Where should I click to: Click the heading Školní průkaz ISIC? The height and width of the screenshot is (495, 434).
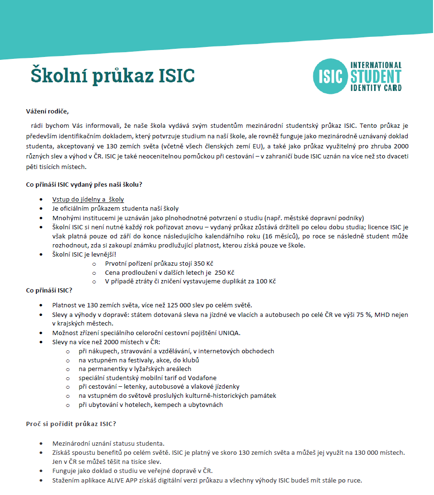coord(113,76)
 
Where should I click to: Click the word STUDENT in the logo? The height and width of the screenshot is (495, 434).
coord(376,76)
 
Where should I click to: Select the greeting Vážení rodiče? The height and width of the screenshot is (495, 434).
coord(47,112)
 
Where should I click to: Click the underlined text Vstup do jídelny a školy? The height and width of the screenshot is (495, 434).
coord(88,199)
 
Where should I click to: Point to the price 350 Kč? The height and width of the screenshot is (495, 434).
coord(203,263)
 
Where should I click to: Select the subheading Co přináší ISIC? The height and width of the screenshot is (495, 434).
coord(49,290)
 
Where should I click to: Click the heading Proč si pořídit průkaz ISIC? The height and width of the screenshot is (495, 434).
coord(71,424)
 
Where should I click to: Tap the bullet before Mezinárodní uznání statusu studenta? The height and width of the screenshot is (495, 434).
coord(44,444)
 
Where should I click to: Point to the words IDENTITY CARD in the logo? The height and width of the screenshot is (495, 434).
coord(376,88)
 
